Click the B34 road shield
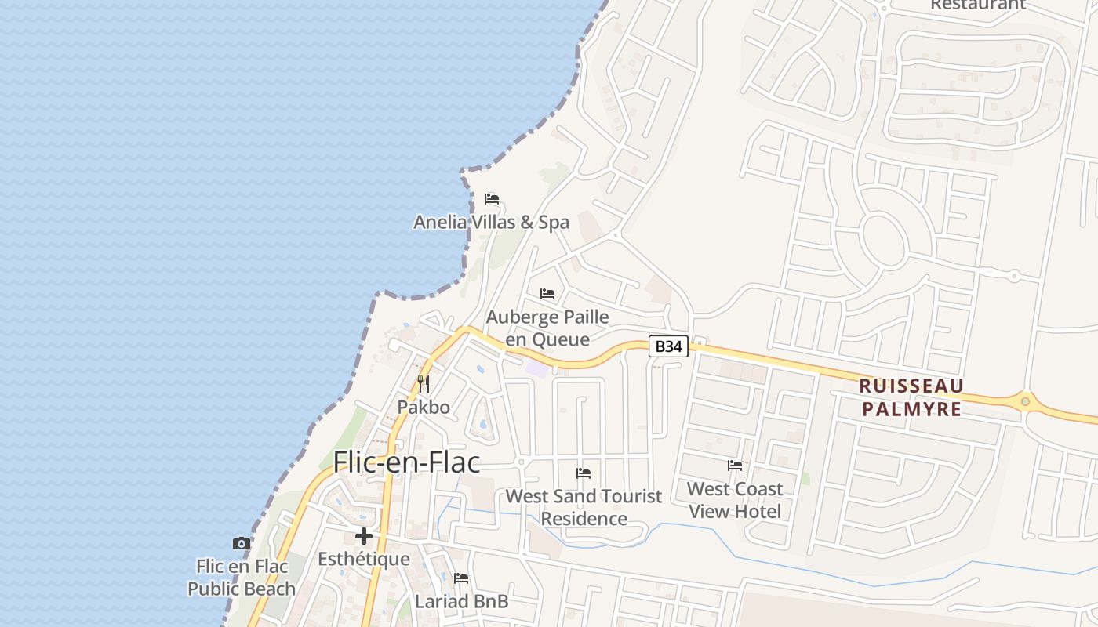[x=668, y=346]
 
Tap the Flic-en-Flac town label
[x=406, y=462]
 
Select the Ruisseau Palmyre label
[x=911, y=397]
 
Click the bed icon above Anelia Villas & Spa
[x=492, y=199]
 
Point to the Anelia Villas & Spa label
[x=492, y=223]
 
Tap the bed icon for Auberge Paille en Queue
[x=547, y=294]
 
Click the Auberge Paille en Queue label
[x=547, y=328]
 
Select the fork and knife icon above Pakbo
[x=424, y=383]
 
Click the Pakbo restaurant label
[x=424, y=407]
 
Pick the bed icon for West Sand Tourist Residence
[x=584, y=473]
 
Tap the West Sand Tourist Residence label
[x=584, y=507]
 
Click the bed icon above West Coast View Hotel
[x=735, y=466]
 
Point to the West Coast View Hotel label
[x=735, y=500]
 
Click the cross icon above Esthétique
[x=364, y=536]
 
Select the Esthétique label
[x=364, y=559]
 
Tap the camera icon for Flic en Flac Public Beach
[x=242, y=543]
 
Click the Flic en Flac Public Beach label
[x=242, y=577]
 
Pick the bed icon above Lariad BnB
[x=461, y=578]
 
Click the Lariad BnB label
[x=461, y=602]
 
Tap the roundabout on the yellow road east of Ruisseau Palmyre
[x=1025, y=401]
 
